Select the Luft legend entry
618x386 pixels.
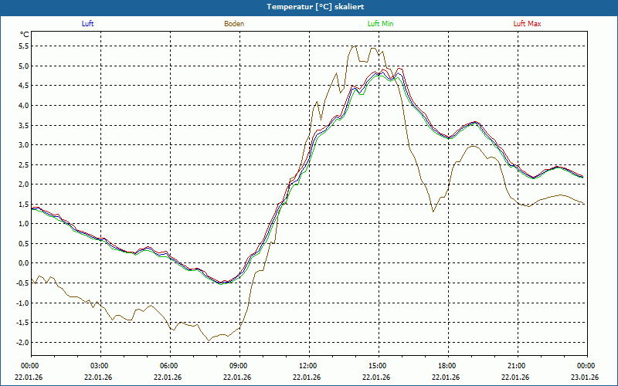(88, 24)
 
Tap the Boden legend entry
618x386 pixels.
(234, 24)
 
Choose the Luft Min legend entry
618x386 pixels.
(380, 24)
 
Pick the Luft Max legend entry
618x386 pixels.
(528, 24)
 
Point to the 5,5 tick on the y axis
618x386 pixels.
(24, 46)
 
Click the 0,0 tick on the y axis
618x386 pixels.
(24, 263)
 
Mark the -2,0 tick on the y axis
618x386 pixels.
(22, 342)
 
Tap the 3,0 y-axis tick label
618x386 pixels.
(24, 145)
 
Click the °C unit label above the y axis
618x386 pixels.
(25, 35)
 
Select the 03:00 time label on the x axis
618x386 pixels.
(100, 366)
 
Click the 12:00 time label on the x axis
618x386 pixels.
(307, 366)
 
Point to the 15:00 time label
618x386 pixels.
(377, 366)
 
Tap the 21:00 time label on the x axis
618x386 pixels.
(516, 366)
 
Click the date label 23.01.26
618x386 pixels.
(585, 377)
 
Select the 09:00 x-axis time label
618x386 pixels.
(238, 366)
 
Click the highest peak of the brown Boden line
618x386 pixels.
(353, 46)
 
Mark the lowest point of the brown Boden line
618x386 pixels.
(208, 340)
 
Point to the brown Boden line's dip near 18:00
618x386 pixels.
(433, 211)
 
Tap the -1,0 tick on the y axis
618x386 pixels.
(22, 303)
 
